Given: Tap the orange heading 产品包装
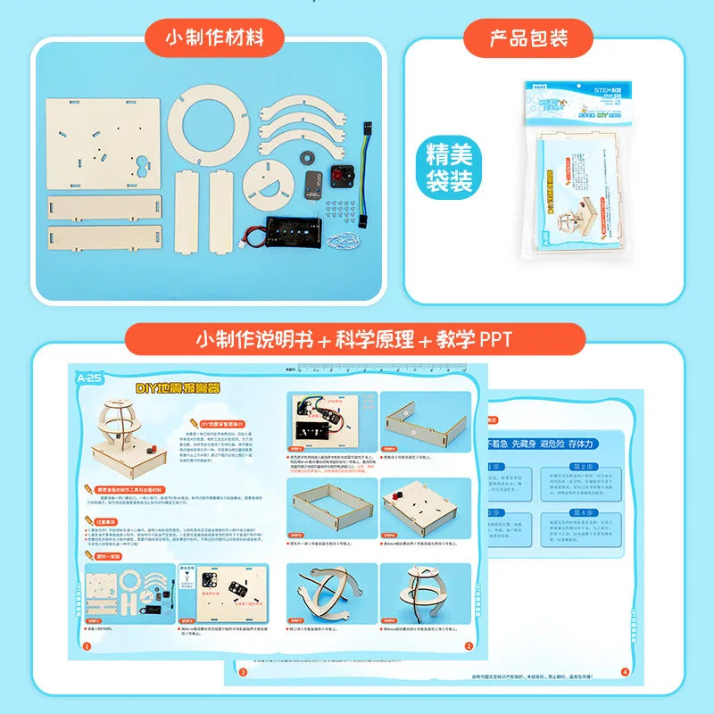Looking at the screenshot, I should tap(528, 38).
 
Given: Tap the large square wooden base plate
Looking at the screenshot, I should tap(104, 143).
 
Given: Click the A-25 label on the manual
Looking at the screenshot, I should tap(90, 378).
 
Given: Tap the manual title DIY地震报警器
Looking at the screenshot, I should tap(177, 389).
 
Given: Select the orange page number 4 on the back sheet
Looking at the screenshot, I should tap(624, 672).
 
